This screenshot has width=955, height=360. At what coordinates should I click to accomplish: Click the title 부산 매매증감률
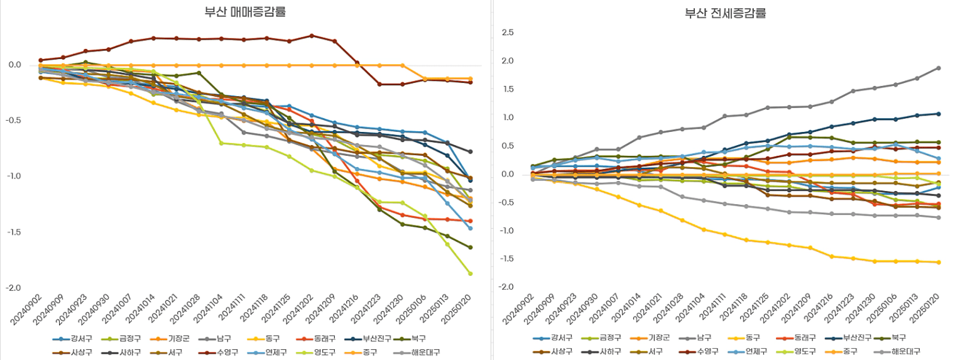pos(241,12)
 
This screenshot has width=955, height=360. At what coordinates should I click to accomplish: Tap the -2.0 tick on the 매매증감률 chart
pos(13,288)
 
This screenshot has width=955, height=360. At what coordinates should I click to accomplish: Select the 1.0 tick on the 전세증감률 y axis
pos(506,117)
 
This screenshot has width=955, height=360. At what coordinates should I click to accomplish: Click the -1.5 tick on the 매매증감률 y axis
pos(13,232)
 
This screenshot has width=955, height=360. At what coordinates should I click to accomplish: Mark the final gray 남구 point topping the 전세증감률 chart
pos(938,68)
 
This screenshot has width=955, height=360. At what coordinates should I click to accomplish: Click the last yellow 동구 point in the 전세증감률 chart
pos(938,263)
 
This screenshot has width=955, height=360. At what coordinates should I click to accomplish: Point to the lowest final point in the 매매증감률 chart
pos(469,274)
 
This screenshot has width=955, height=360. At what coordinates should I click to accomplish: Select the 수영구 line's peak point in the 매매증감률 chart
pos(312,36)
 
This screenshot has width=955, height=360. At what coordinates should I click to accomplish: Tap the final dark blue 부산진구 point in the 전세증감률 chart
pos(938,114)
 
